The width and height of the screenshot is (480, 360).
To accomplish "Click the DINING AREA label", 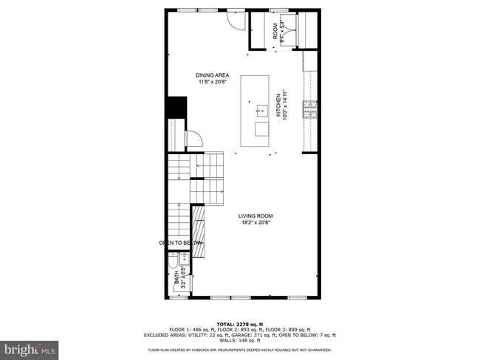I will [x=213, y=75].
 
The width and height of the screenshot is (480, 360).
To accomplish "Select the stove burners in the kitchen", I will [x=310, y=111].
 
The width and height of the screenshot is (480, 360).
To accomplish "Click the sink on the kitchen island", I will [x=261, y=111].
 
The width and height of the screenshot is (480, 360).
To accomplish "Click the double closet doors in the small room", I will [x=286, y=32].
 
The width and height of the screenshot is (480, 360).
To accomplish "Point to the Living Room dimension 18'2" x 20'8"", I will [x=254, y=222].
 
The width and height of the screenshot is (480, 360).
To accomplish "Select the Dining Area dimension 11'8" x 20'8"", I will [x=213, y=82].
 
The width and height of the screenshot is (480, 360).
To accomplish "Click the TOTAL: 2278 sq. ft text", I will [x=240, y=324].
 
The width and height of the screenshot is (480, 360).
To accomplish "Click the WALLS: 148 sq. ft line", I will [x=240, y=340].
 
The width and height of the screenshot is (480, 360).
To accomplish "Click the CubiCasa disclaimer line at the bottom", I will [x=240, y=349].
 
